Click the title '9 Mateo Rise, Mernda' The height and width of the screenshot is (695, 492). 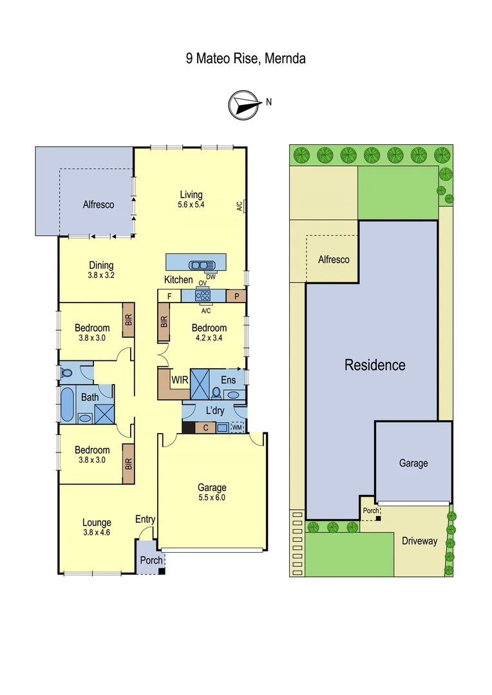245,59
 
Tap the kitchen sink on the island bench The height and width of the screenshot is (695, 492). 202,264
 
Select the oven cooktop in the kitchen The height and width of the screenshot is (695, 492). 203,296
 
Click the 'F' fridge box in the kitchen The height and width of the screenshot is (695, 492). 169,296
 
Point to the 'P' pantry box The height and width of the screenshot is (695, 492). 236,296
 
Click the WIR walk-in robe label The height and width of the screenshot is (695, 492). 180,380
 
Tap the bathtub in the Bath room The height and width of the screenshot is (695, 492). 67,404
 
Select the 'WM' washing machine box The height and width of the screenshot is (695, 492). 237,427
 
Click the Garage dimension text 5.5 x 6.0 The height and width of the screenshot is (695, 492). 212,497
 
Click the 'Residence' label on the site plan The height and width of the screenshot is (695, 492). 375,366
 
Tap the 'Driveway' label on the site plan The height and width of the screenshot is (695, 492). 419,541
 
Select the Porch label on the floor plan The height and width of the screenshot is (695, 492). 151,560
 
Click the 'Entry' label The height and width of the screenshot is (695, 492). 145,519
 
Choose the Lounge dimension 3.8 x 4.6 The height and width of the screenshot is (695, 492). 97,532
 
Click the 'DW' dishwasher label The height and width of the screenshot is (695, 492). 211,277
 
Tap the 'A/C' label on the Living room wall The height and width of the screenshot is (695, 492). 239,207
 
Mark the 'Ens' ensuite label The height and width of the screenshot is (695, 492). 228,380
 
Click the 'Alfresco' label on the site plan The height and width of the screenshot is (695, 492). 334,259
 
